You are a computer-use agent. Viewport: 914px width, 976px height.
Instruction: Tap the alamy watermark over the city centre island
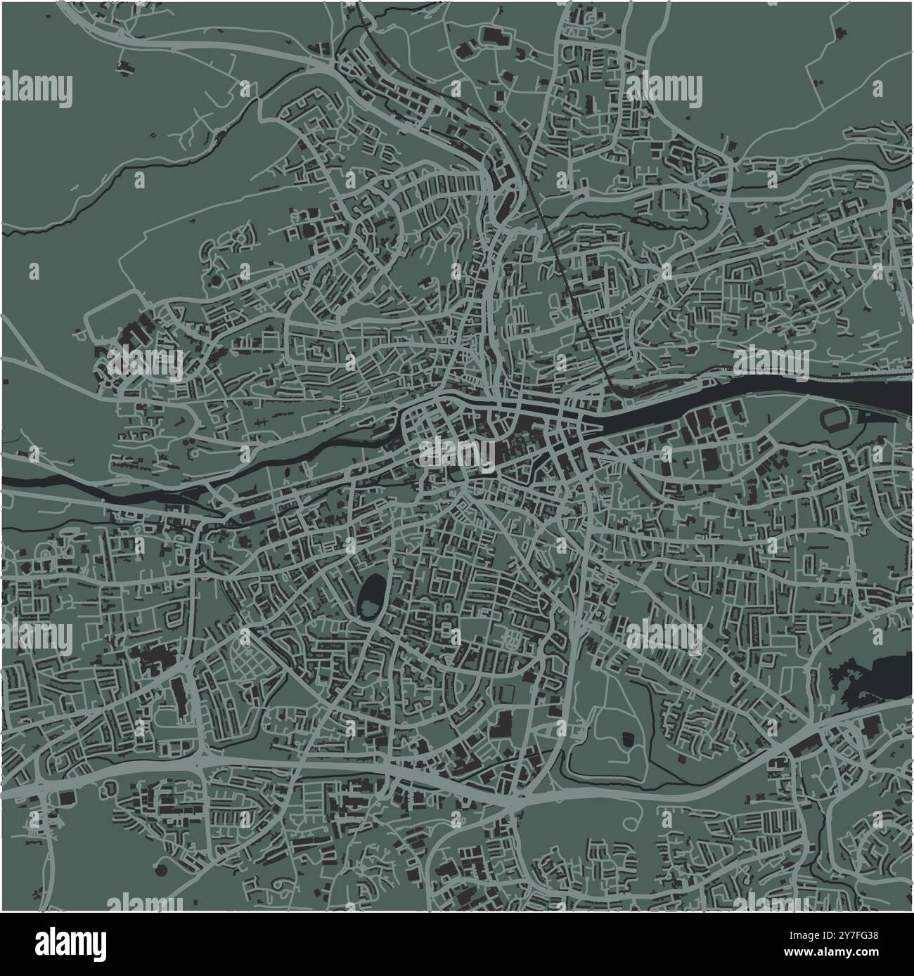457,453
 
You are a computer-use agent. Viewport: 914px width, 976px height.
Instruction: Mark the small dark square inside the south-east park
626,738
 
